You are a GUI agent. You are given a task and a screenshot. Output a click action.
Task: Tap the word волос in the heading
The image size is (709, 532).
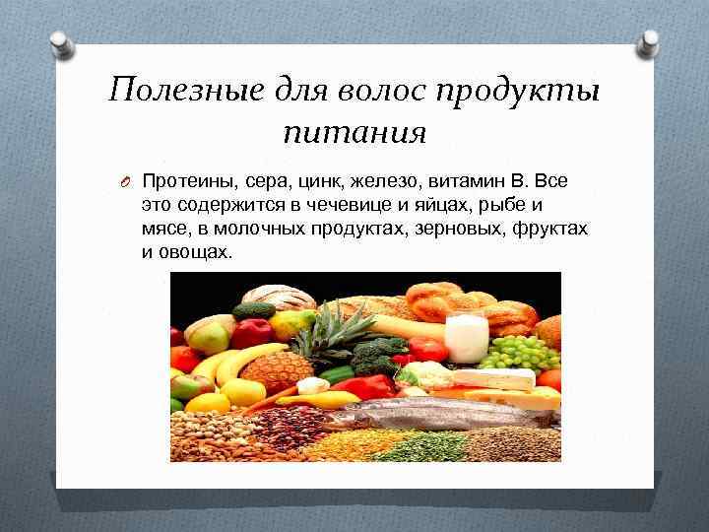(378, 91)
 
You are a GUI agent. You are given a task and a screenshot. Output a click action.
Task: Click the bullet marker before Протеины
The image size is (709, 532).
(126, 182)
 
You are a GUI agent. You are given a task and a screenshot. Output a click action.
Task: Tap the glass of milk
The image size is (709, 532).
(467, 338)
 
